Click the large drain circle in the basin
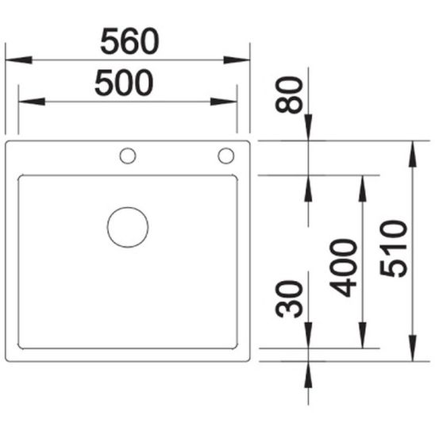click(x=128, y=226)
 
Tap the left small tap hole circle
click(x=127, y=155)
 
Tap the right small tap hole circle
click(x=226, y=155)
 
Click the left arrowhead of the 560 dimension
click(x=17, y=60)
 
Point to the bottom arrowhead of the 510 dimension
click(x=413, y=348)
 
